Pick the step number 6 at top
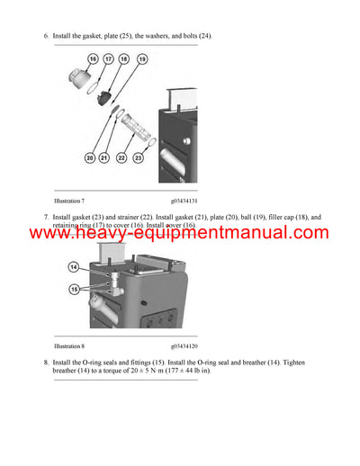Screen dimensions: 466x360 pyautogui.click(x=45, y=35)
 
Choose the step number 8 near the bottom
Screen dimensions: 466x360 pyautogui.click(x=45, y=363)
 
